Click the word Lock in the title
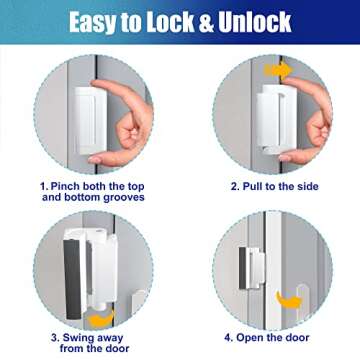coord(163,22)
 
